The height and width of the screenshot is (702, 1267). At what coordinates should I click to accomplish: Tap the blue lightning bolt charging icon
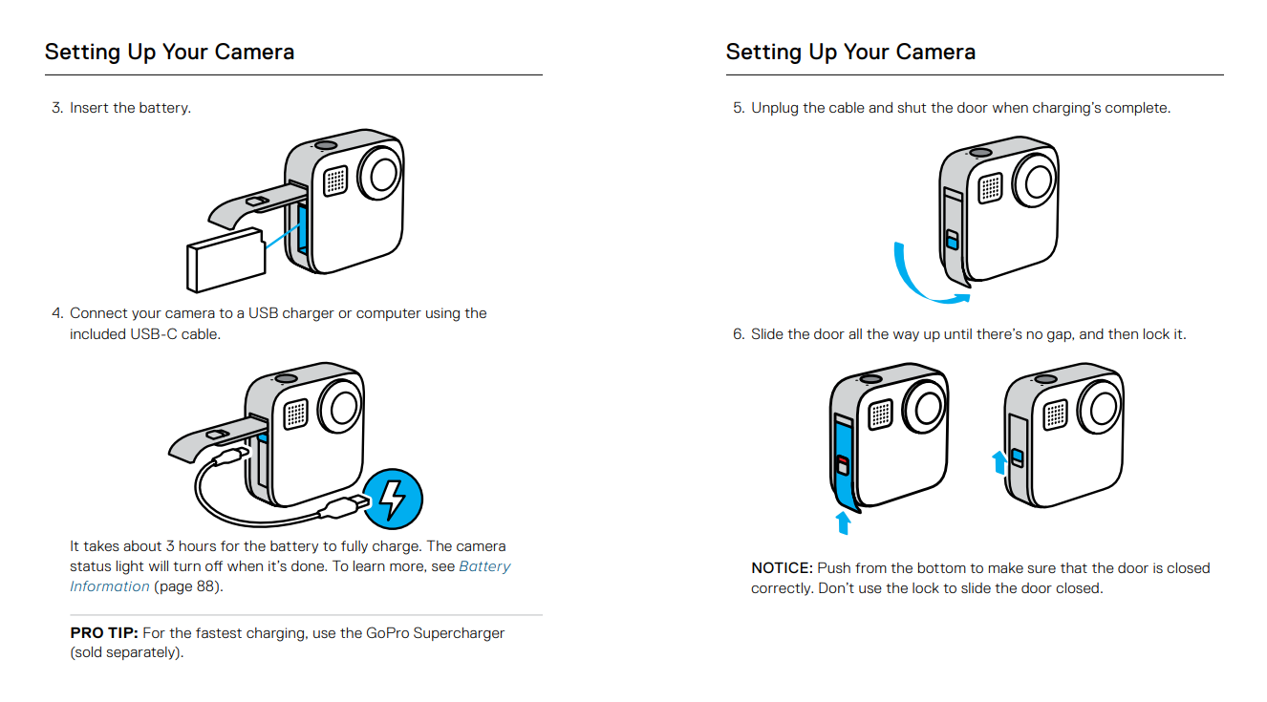pyautogui.click(x=392, y=499)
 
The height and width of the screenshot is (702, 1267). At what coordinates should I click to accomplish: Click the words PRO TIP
pyautogui.click(x=104, y=633)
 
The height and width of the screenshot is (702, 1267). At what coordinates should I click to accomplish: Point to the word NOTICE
pyautogui.click(x=782, y=568)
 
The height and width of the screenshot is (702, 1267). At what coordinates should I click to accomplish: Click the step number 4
pyautogui.click(x=57, y=313)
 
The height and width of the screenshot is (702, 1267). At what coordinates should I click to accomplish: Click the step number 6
pyautogui.click(x=738, y=334)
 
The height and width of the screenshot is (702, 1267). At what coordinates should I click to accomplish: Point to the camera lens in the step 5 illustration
pyautogui.click(x=1033, y=178)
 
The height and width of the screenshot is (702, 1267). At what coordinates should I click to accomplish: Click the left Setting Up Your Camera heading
pyautogui.click(x=169, y=52)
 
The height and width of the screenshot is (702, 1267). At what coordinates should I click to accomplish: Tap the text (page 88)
pyautogui.click(x=188, y=586)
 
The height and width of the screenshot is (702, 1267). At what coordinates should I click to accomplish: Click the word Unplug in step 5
pyautogui.click(x=774, y=108)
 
